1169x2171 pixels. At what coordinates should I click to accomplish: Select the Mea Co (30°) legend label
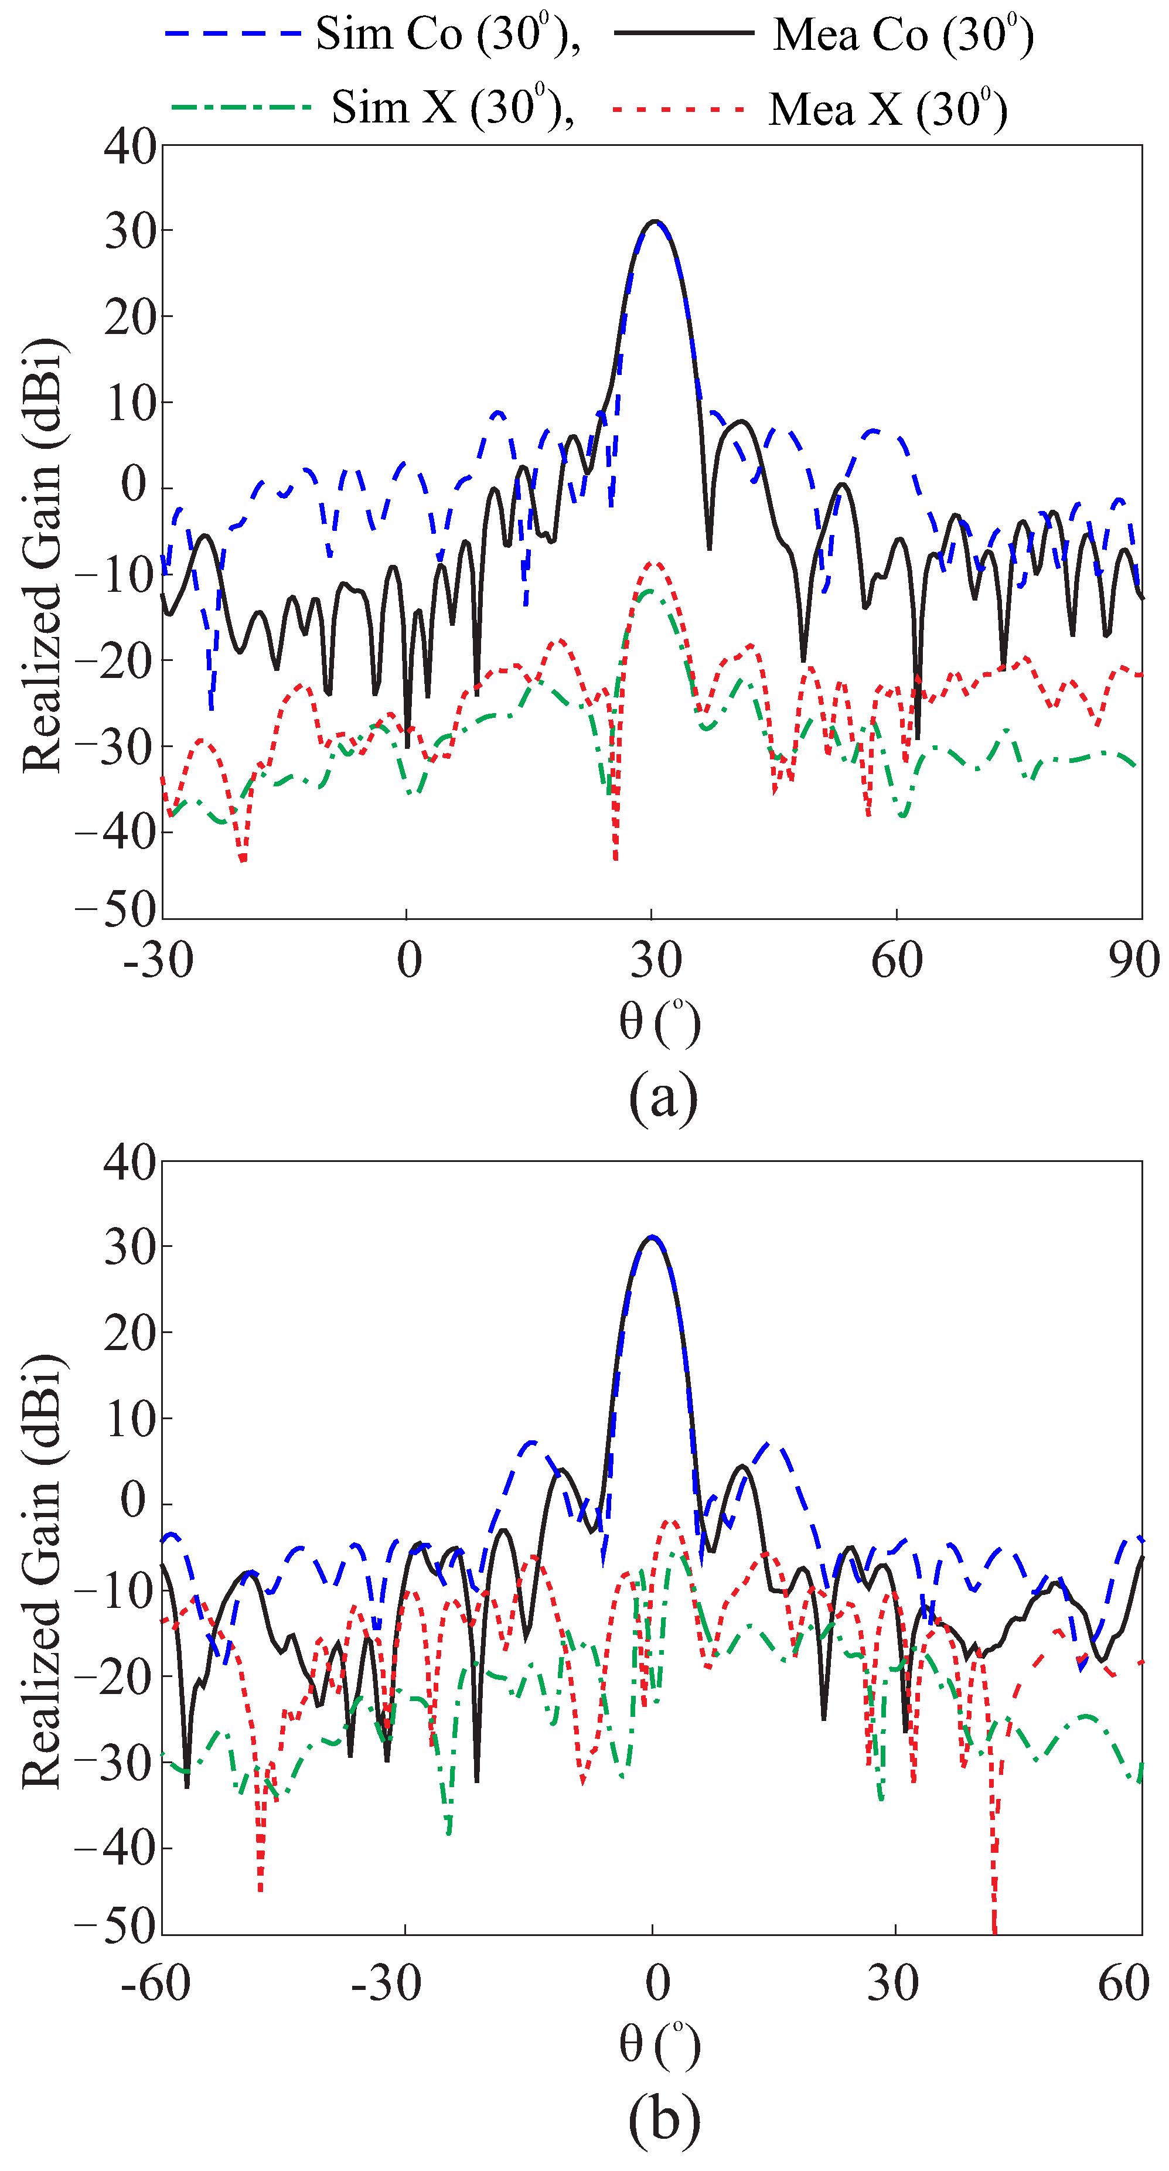click(902, 35)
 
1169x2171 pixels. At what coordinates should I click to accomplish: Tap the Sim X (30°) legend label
click(452, 108)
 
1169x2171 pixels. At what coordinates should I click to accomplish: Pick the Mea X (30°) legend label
click(887, 110)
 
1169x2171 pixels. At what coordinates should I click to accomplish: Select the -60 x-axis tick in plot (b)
click(156, 1982)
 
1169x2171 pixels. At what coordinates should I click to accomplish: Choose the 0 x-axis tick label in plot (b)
click(657, 1982)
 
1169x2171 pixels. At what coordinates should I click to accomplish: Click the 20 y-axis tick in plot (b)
click(131, 1332)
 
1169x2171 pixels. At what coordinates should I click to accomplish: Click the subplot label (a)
click(663, 1096)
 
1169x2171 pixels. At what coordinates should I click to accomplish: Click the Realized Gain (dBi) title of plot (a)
click(42, 556)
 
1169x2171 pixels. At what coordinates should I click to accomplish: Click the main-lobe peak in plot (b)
click(652, 1236)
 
